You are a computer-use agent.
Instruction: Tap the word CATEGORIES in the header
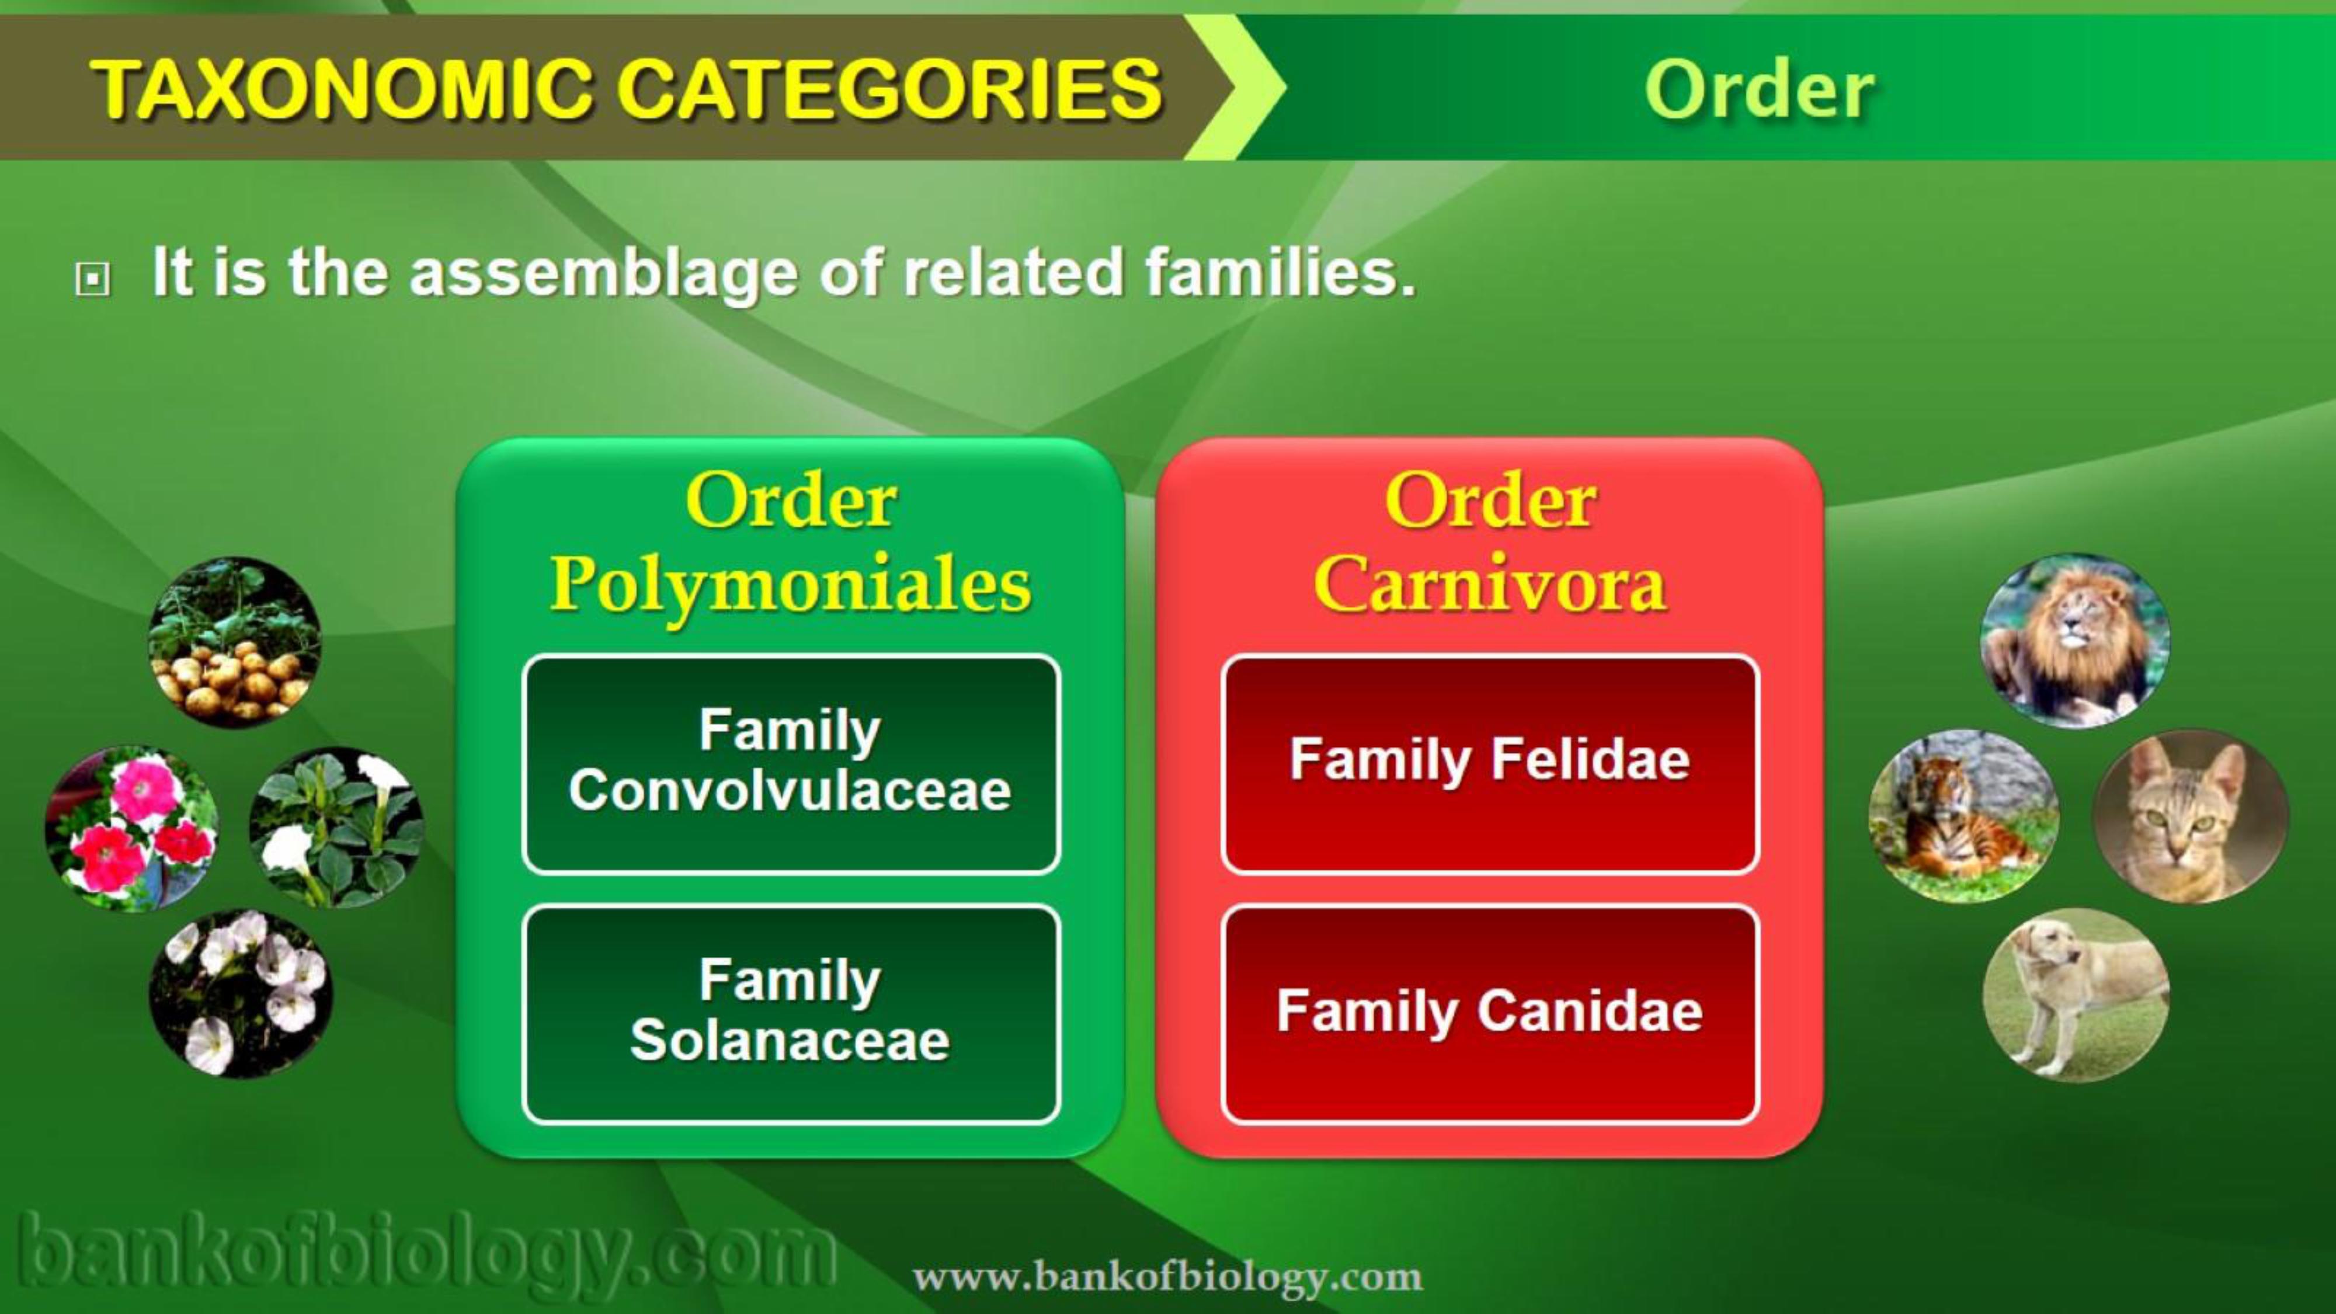(x=889, y=88)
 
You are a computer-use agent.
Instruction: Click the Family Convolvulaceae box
(x=791, y=763)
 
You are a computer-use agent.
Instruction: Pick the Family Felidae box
(x=1490, y=763)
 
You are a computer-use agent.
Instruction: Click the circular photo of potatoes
(x=234, y=642)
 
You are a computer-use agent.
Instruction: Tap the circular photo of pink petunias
(x=131, y=828)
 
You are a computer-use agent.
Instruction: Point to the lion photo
(x=2075, y=640)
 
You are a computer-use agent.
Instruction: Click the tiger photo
(x=1963, y=816)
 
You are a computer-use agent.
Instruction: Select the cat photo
(x=2190, y=816)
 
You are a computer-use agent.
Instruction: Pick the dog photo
(x=2076, y=995)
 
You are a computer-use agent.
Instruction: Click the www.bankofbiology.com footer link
(x=1167, y=1277)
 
